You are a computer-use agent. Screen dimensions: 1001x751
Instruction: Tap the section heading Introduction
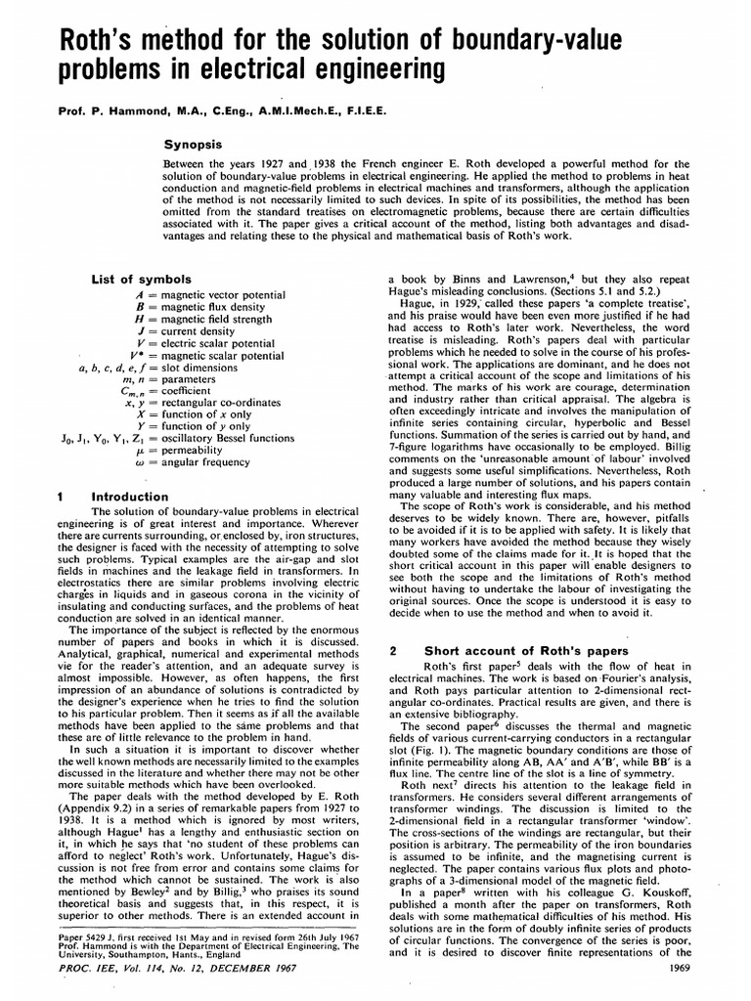pyautogui.click(x=129, y=497)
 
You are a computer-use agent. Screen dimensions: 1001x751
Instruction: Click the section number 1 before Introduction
pyautogui.click(x=61, y=497)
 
